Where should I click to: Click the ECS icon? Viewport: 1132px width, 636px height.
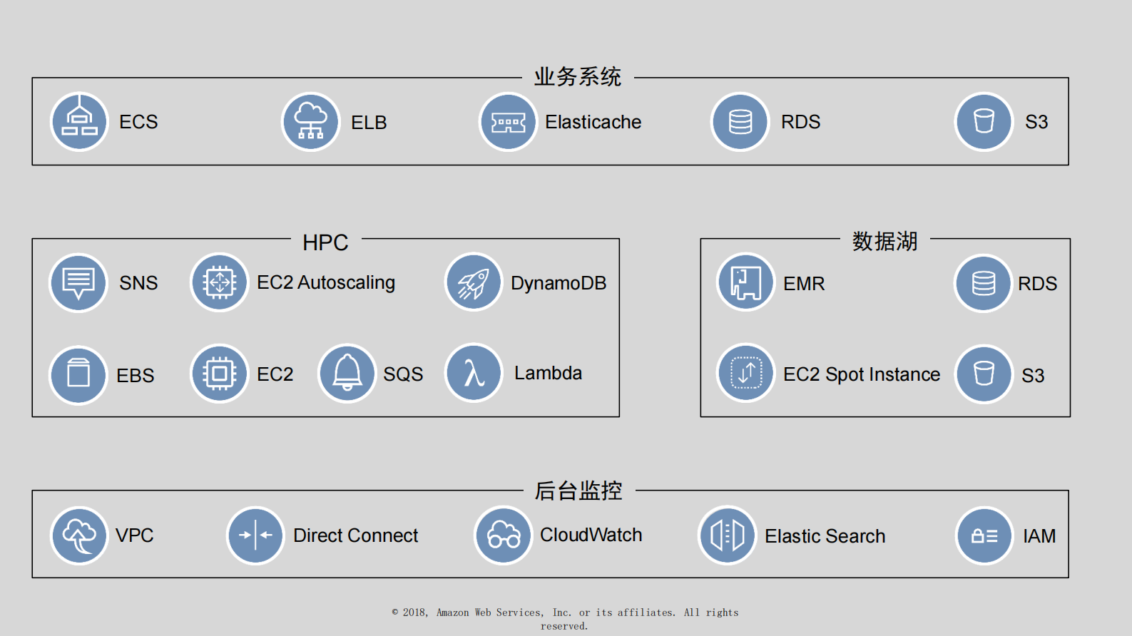tap(79, 122)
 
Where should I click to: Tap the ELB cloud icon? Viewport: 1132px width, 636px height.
tap(310, 122)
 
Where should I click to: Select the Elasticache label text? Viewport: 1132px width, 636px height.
tap(593, 122)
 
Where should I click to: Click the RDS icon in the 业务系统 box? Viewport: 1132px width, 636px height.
tap(740, 122)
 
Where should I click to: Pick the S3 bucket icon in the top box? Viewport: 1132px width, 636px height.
tap(984, 122)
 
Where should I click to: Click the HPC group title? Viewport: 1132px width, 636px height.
tap(325, 242)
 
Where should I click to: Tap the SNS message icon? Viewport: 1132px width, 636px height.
tap(78, 283)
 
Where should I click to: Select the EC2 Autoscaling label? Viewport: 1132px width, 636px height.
tap(325, 283)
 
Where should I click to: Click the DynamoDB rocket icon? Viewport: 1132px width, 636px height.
tap(474, 283)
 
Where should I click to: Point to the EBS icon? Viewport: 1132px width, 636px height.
tap(78, 375)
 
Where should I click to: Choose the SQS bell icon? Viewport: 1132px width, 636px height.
tap(347, 374)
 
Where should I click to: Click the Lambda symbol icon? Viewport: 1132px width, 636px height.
tap(474, 373)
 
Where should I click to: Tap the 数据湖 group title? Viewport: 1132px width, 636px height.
tap(884, 242)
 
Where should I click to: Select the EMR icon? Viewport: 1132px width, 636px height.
tap(745, 283)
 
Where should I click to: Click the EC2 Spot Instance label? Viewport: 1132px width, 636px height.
tap(861, 374)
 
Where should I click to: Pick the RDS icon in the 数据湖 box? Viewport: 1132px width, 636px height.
tap(984, 284)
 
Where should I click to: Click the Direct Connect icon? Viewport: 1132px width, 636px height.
tap(255, 535)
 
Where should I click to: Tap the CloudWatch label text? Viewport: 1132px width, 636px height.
tap(591, 535)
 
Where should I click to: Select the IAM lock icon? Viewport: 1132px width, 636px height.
tap(984, 535)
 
